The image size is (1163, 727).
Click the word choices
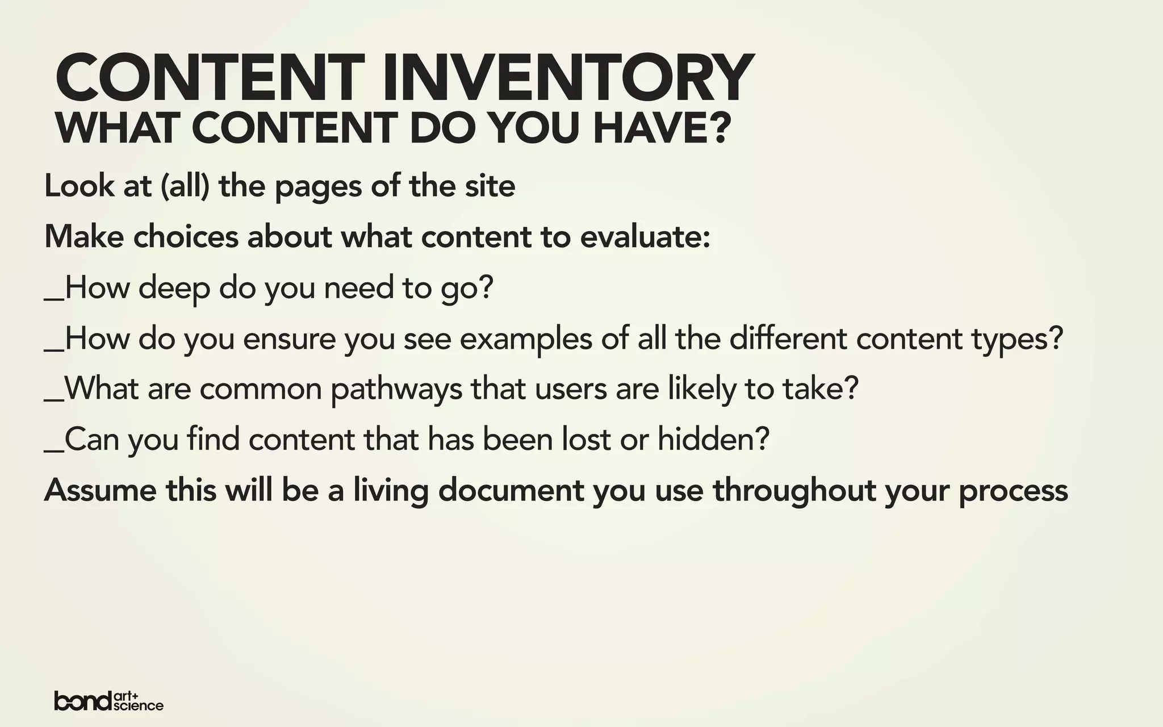point(186,237)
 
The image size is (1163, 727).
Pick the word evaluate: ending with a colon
point(645,237)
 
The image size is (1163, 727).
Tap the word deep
point(174,289)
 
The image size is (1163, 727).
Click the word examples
point(526,340)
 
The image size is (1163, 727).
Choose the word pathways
point(396,390)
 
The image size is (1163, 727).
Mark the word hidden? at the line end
point(714,440)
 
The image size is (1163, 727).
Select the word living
point(391,491)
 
